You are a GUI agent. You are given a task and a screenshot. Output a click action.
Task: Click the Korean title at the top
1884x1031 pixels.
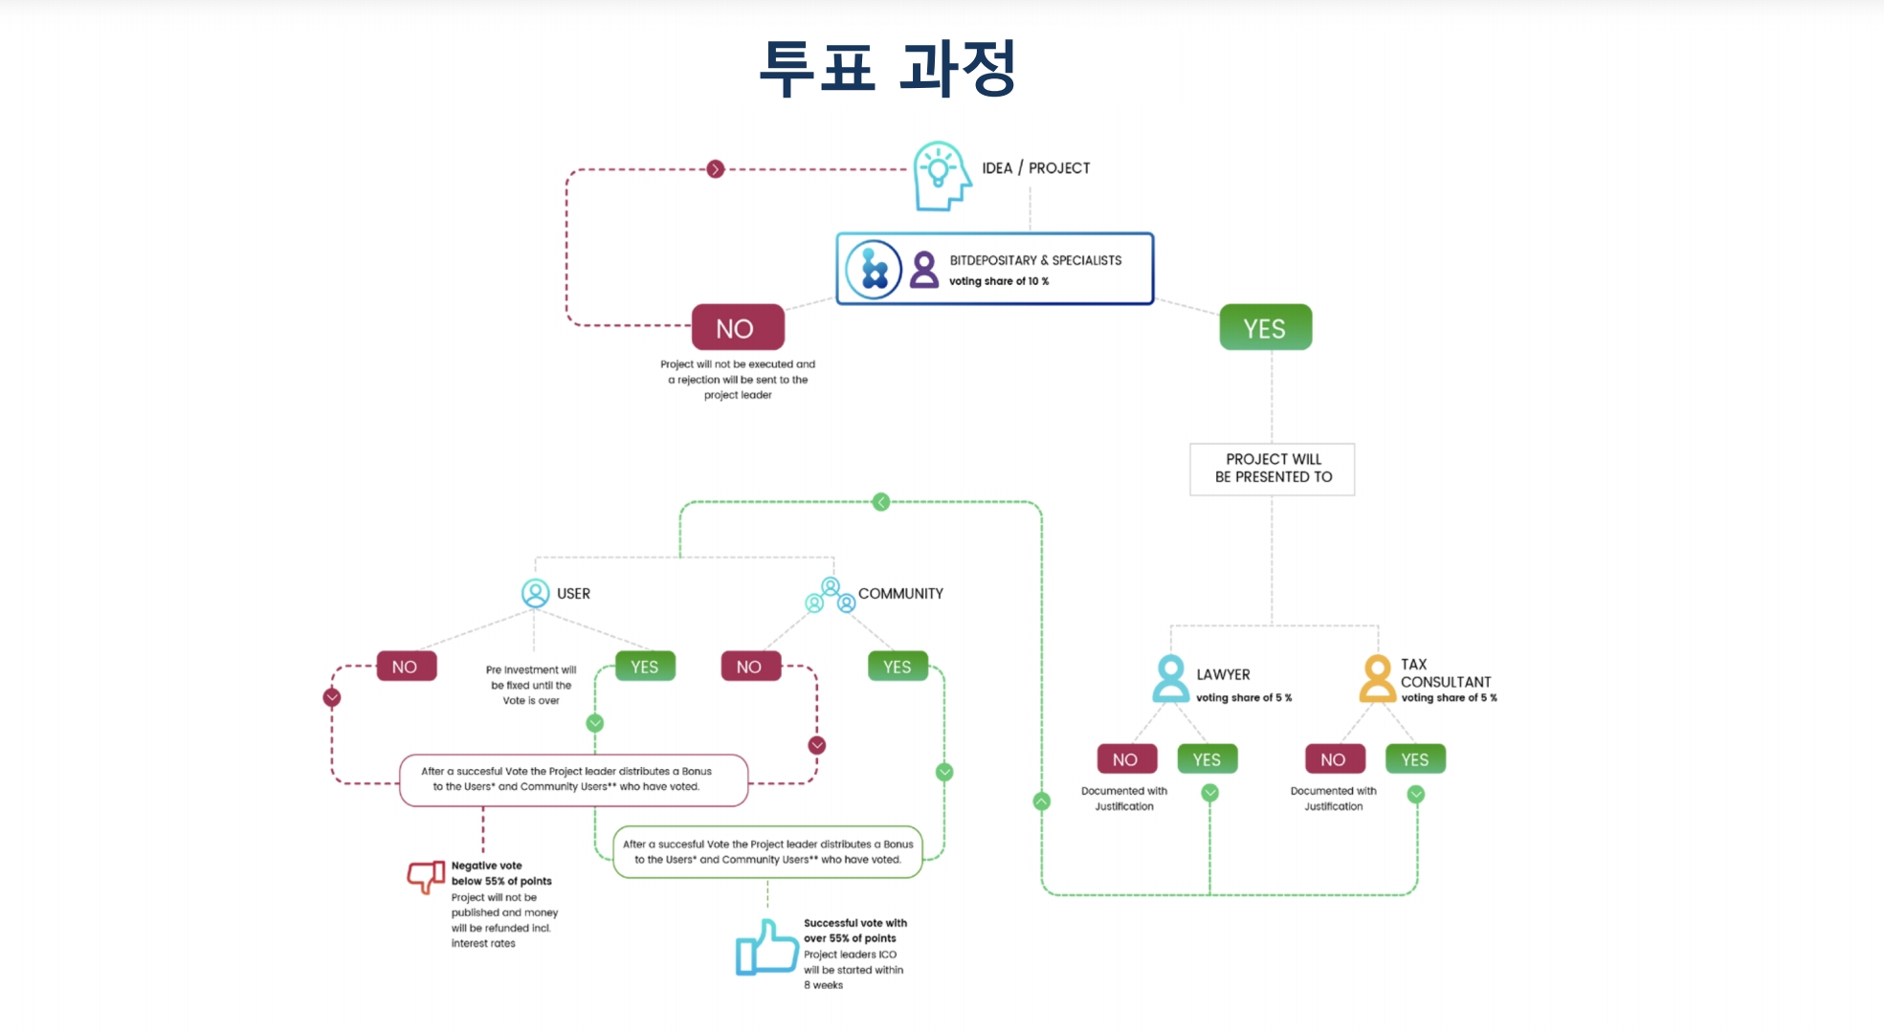click(x=887, y=68)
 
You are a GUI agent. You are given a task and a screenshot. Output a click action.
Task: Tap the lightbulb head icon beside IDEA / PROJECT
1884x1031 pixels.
click(x=942, y=176)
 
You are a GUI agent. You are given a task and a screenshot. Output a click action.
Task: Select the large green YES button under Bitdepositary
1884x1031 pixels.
click(x=1265, y=328)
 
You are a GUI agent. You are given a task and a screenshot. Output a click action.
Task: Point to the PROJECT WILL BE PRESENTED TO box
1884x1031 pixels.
click(x=1273, y=469)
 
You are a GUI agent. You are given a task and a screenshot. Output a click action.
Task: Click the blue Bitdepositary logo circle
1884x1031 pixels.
click(x=874, y=270)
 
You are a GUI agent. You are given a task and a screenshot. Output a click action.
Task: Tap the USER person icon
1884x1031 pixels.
click(x=536, y=593)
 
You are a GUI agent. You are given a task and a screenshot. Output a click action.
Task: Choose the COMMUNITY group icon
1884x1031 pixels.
click(x=831, y=595)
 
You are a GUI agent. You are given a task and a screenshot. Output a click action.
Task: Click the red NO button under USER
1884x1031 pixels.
click(x=407, y=667)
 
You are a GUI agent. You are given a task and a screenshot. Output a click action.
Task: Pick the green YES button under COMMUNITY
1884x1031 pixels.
click(x=898, y=667)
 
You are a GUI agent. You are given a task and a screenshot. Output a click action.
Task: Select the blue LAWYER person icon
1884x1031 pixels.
click(x=1170, y=679)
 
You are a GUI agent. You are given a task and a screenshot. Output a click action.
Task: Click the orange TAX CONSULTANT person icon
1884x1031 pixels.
click(x=1378, y=679)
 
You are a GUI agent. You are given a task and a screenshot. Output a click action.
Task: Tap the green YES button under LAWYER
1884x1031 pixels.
click(x=1208, y=759)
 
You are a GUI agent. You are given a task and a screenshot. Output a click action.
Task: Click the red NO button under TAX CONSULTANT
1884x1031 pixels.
click(x=1335, y=759)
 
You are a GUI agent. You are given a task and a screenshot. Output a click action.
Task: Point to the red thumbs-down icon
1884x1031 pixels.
click(x=426, y=876)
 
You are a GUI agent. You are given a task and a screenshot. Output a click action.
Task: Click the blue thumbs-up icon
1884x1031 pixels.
click(x=766, y=948)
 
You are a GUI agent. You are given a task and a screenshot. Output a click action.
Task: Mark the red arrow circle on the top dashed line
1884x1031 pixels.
click(x=716, y=169)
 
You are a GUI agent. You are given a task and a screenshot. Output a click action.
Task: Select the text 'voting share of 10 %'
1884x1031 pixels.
click(x=999, y=281)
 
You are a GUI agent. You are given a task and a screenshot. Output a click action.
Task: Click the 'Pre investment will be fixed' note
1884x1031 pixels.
click(x=531, y=685)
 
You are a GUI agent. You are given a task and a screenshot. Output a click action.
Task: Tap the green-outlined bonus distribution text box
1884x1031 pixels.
click(x=767, y=852)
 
